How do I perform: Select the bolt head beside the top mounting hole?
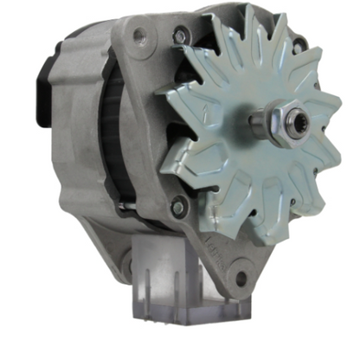pyautogui.click(x=179, y=35)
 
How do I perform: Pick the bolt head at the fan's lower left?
pyautogui.click(x=177, y=208)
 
